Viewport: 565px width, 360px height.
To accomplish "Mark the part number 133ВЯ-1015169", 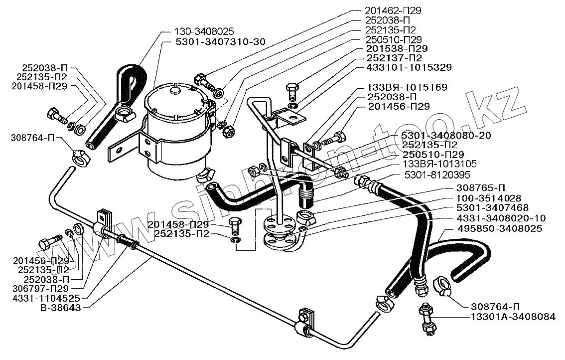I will coord(407,87).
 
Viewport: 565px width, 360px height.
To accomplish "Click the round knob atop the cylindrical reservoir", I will coord(175,91).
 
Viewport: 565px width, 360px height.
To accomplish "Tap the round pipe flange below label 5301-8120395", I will coord(277,223).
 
